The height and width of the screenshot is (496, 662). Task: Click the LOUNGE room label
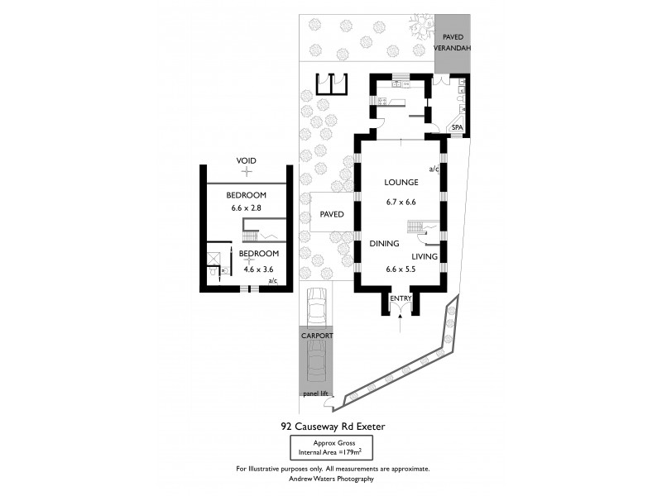[401, 184]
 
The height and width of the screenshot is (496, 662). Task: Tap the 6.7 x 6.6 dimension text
[401, 202]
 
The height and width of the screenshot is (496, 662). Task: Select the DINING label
[385, 244]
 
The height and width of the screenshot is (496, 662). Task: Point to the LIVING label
[425, 258]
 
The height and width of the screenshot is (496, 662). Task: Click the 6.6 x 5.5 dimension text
[401, 269]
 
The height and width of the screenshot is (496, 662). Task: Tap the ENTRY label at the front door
[401, 298]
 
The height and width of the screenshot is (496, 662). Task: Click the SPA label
[457, 127]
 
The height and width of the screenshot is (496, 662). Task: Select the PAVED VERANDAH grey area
[453, 43]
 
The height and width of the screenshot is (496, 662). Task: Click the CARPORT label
[316, 336]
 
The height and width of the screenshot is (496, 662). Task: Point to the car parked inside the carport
[316, 364]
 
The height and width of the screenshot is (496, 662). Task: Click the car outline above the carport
[316, 308]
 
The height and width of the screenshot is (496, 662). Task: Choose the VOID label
[246, 160]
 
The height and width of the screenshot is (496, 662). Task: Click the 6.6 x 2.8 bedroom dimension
[246, 208]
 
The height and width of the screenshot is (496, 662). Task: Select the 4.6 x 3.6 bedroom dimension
[257, 269]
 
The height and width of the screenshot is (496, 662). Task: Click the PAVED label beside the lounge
[332, 214]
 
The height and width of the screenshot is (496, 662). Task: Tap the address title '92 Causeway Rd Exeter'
[333, 427]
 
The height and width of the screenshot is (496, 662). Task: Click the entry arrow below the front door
[401, 327]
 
